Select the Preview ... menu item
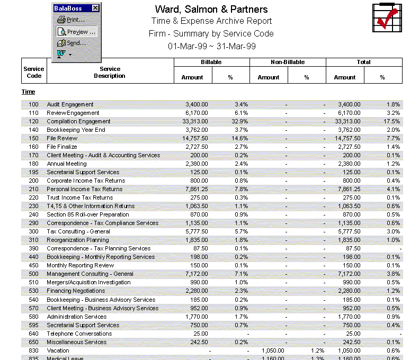(77, 32)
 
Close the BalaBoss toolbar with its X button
(95, 8)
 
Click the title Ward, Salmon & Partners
(211, 10)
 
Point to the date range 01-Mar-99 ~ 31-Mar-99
(211, 46)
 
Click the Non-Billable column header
(288, 62)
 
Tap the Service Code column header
(34, 72)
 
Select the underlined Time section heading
(28, 92)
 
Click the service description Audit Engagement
(70, 104)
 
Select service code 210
(34, 189)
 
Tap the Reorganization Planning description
(77, 240)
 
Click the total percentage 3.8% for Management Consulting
(393, 274)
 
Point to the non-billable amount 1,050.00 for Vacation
(273, 350)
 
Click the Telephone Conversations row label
(79, 334)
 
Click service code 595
(34, 325)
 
